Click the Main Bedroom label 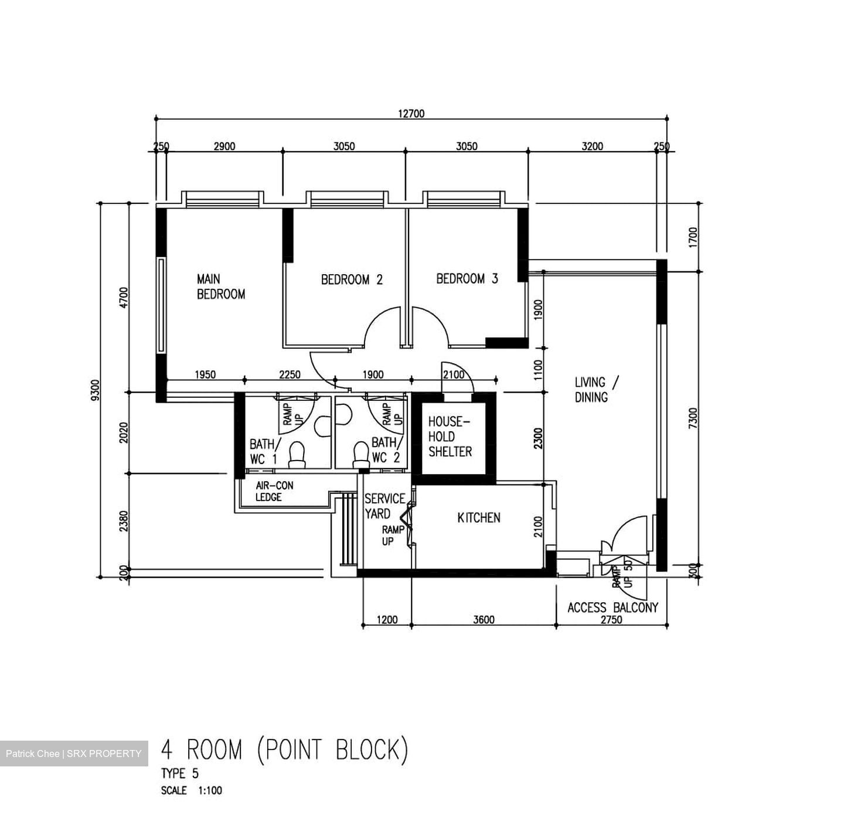[x=220, y=287]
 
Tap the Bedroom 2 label [x=352, y=279]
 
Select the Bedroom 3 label [x=467, y=278]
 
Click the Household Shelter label [x=450, y=437]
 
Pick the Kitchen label [x=478, y=517]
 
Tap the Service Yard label [x=384, y=506]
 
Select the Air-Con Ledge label [x=274, y=491]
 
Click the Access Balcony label [x=612, y=608]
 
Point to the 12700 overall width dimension [x=411, y=114]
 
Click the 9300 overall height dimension [x=96, y=390]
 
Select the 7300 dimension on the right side [x=693, y=417]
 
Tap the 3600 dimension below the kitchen [x=484, y=619]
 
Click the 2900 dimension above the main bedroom [x=224, y=146]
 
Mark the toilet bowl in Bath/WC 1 [x=297, y=455]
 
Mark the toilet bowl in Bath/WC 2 [x=361, y=455]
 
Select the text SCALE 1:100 [x=192, y=790]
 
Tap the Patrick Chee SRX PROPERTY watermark [x=74, y=753]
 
